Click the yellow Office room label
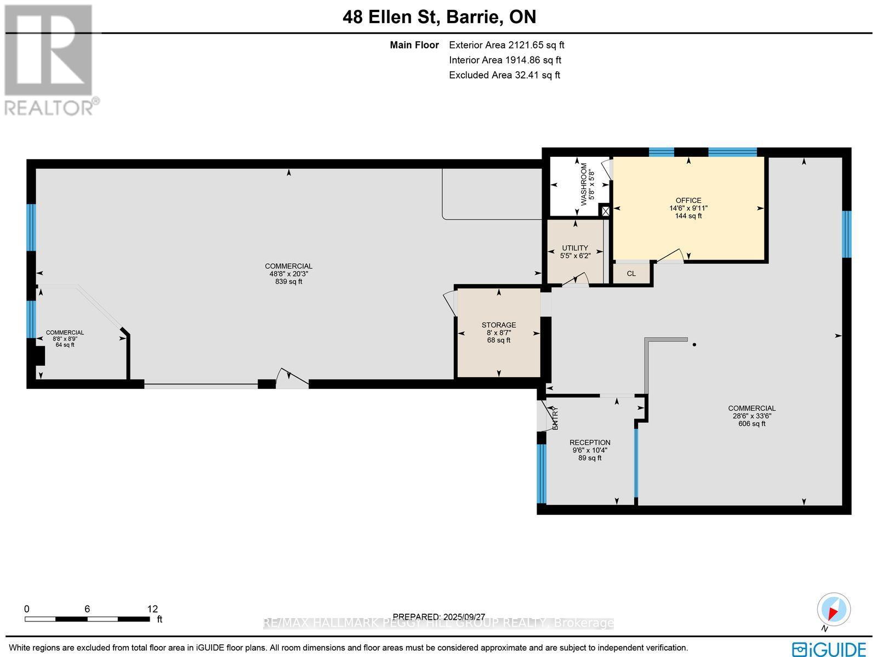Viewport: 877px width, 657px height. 688,201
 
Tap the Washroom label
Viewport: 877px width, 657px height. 584,184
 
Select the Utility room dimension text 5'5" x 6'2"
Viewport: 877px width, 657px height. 575,256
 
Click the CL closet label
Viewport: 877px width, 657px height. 631,274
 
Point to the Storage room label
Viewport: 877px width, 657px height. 499,325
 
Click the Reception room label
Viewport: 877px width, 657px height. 590,443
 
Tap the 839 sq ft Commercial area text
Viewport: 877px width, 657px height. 288,282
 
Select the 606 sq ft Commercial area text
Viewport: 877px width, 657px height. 751,423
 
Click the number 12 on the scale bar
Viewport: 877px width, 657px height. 152,609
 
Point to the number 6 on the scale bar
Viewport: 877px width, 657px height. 87,609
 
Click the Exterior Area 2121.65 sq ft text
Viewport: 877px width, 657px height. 506,46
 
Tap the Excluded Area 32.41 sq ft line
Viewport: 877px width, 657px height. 504,75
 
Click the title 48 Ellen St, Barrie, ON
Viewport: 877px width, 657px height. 439,17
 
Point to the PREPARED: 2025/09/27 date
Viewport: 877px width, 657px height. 439,617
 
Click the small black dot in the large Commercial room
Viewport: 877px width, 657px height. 694,344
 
